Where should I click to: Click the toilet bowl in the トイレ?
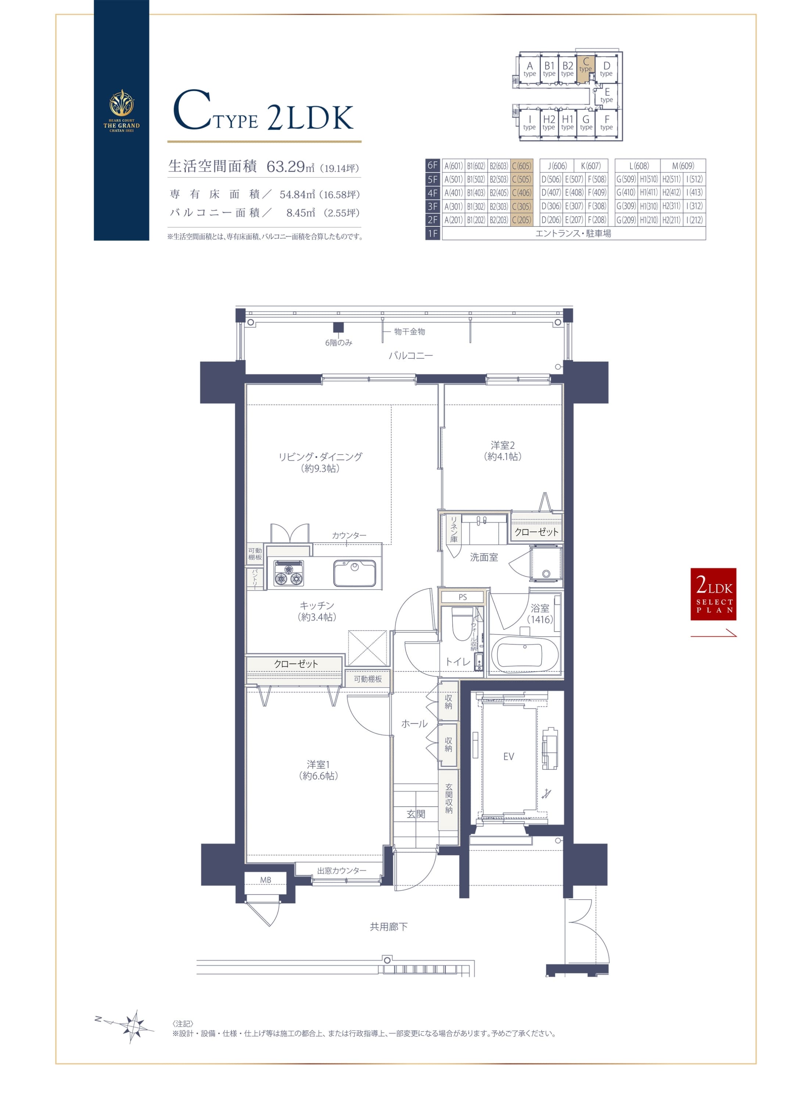point(462,623)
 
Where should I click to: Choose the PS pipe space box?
point(463,597)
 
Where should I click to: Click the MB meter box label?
point(265,880)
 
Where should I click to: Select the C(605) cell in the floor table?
point(521,166)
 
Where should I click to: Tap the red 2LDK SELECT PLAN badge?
point(713,594)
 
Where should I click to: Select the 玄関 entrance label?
point(416,814)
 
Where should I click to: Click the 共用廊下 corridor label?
point(388,927)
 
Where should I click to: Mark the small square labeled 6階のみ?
point(338,328)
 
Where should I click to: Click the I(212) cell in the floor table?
point(694,220)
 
